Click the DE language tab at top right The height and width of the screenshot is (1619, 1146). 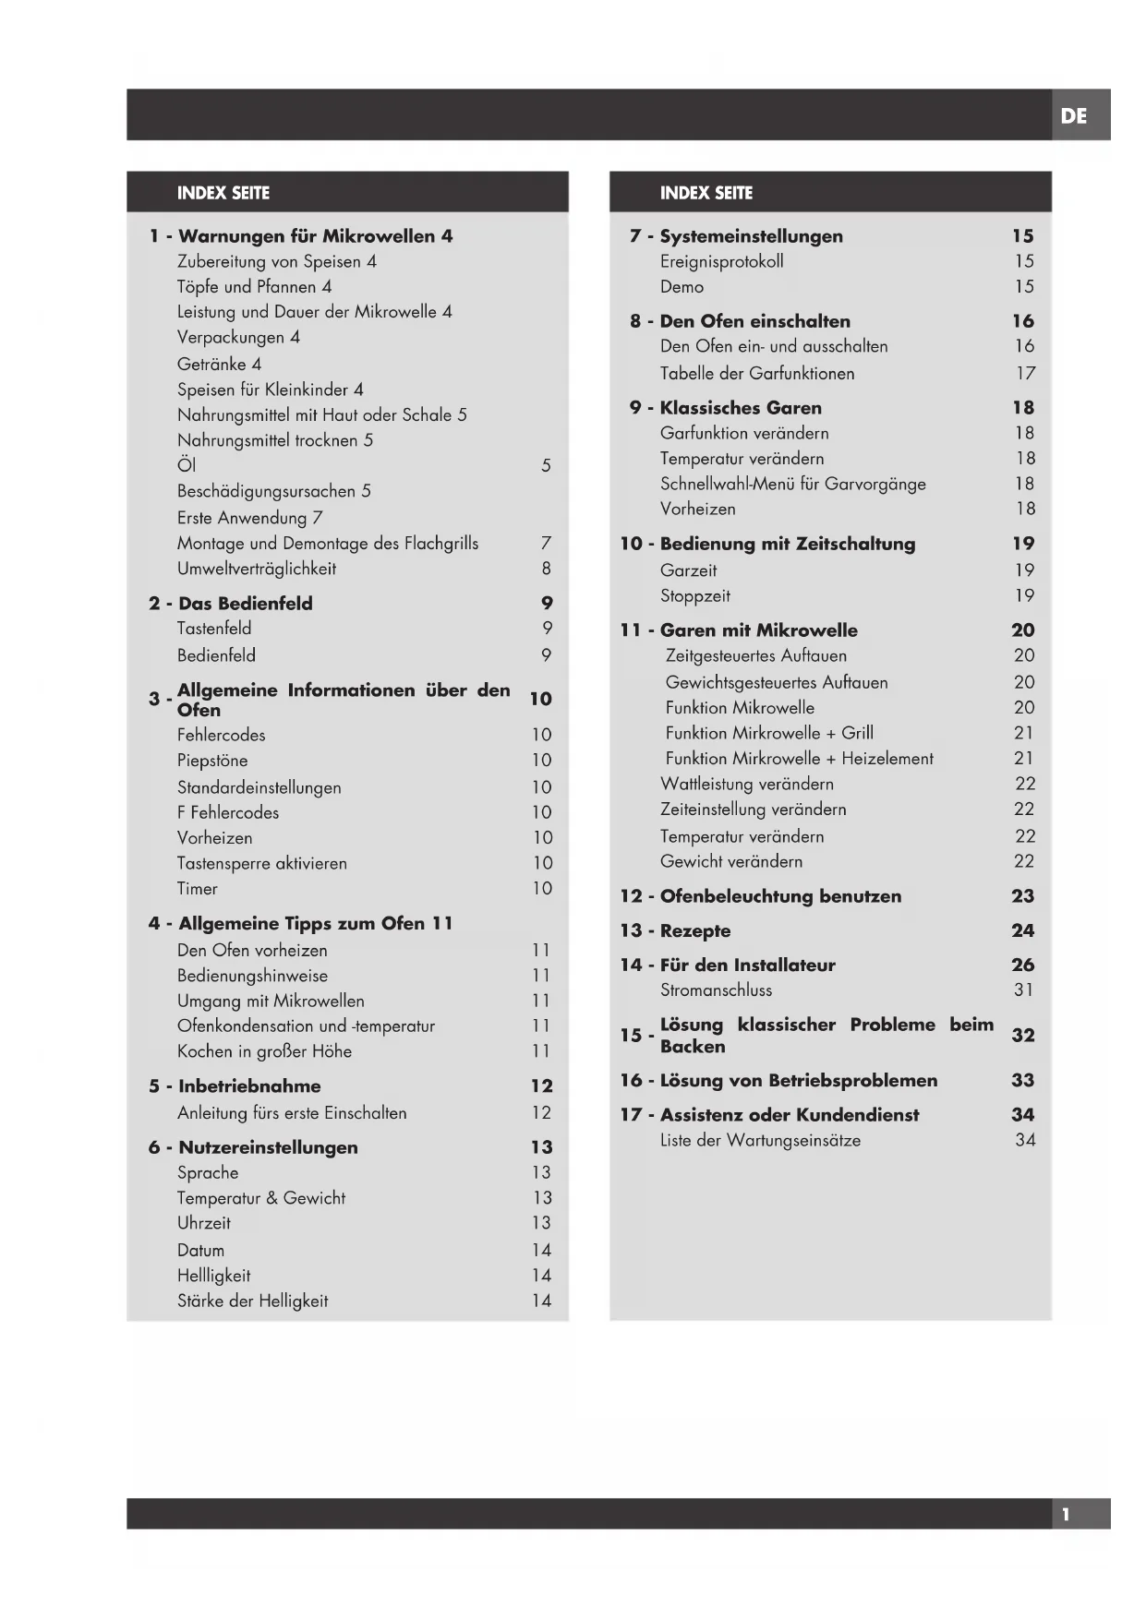(x=1073, y=116)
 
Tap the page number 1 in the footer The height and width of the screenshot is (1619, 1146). (x=1066, y=1515)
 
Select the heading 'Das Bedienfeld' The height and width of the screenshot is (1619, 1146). (x=245, y=604)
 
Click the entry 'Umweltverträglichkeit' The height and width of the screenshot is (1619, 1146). (x=256, y=569)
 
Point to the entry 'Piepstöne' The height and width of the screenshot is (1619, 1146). (x=212, y=761)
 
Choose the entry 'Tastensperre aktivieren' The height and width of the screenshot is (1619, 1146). (x=261, y=863)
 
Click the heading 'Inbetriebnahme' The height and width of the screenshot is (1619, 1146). (x=249, y=1086)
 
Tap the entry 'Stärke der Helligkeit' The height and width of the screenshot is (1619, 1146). (x=252, y=1301)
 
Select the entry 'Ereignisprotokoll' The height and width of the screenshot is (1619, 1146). (x=721, y=261)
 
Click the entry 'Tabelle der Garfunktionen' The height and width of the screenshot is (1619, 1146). (x=756, y=373)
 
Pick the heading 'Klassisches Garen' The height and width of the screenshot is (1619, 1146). (x=740, y=408)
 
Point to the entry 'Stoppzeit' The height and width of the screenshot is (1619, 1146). (x=694, y=595)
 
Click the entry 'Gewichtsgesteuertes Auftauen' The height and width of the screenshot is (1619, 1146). (x=776, y=682)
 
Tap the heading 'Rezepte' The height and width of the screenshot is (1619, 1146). (x=694, y=930)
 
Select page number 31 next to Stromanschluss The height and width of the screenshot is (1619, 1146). (x=1023, y=989)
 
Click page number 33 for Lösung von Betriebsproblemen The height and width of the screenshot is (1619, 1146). (x=1022, y=1080)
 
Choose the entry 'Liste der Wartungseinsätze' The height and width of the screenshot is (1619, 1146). (x=759, y=1140)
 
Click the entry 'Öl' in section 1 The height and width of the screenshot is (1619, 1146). (x=187, y=465)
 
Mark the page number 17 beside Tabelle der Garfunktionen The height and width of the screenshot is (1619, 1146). (x=1025, y=373)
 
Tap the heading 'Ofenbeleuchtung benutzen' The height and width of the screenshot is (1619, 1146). (x=780, y=896)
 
